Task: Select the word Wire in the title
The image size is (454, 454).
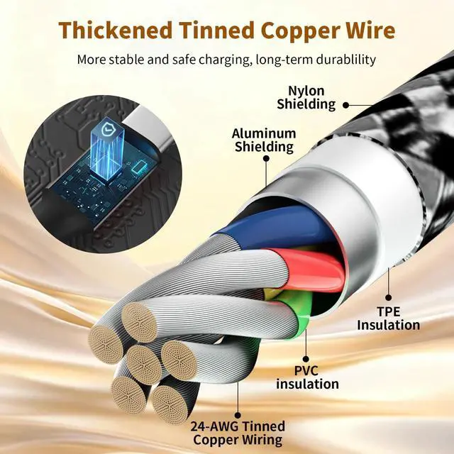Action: pyautogui.click(x=370, y=31)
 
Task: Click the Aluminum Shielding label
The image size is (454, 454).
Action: pyautogui.click(x=263, y=140)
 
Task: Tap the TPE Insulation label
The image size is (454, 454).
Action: pyautogui.click(x=388, y=319)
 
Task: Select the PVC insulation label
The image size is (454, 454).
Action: pyautogui.click(x=307, y=377)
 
